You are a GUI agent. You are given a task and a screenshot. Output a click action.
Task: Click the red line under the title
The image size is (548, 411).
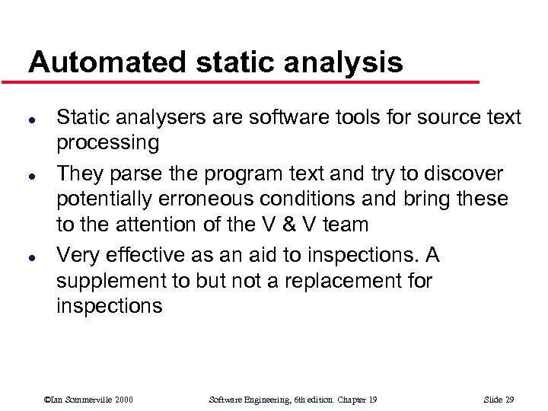[x=251, y=81]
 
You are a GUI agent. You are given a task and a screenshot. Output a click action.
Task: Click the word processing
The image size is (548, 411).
[x=108, y=143]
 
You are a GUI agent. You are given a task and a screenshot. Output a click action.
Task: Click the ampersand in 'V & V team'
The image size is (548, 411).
[x=303, y=225]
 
